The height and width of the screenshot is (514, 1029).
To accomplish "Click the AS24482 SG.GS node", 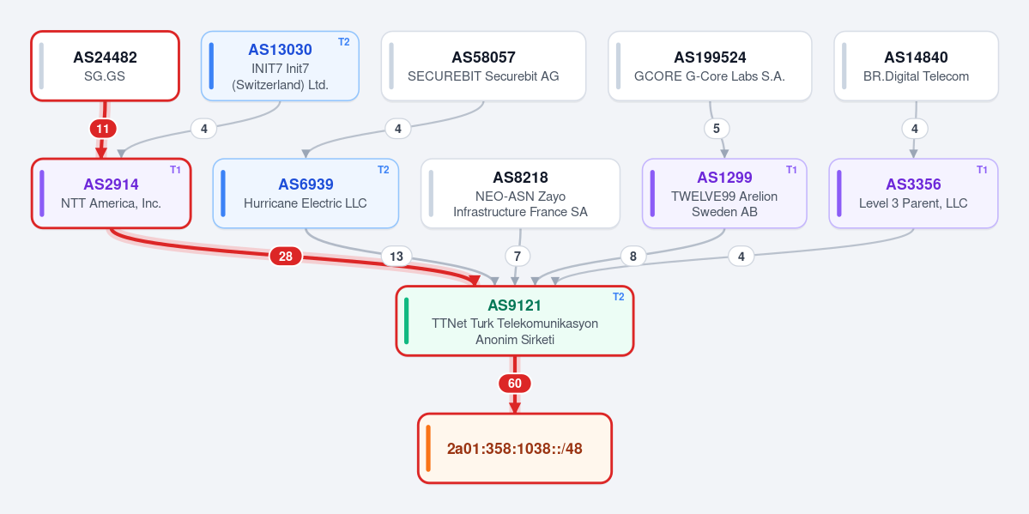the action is pyautogui.click(x=105, y=66).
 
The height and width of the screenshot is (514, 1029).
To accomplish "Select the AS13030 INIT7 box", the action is pyautogui.click(x=281, y=66).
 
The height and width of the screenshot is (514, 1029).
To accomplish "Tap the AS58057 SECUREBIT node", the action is pyautogui.click(x=484, y=66).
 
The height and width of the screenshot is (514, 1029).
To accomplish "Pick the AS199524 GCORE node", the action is pyautogui.click(x=710, y=66).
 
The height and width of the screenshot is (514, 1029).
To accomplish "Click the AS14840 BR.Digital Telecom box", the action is pyautogui.click(x=916, y=66).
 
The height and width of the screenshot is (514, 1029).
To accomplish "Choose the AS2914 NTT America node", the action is pyautogui.click(x=111, y=193).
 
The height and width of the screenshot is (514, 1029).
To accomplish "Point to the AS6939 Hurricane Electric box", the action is pyautogui.click(x=306, y=193).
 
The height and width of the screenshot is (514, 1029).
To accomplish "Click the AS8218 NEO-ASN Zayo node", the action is pyautogui.click(x=520, y=193).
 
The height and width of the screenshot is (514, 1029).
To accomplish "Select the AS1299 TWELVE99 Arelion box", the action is pyautogui.click(x=724, y=193).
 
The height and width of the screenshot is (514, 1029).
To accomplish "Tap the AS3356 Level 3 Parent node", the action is pyautogui.click(x=913, y=193).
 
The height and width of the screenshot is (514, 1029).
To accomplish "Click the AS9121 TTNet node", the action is pyautogui.click(x=515, y=320).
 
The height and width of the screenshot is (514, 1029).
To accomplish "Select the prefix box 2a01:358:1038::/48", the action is pyautogui.click(x=515, y=448).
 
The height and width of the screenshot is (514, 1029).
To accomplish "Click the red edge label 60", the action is pyautogui.click(x=515, y=384).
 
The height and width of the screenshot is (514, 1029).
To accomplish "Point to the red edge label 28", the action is pyautogui.click(x=286, y=256).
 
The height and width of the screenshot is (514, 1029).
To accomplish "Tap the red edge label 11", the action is pyautogui.click(x=103, y=129).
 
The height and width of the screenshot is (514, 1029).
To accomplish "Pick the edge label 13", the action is pyautogui.click(x=396, y=256).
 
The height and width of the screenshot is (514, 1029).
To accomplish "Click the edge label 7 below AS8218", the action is pyautogui.click(x=518, y=256).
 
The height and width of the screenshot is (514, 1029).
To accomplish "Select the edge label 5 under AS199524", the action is pyautogui.click(x=717, y=129).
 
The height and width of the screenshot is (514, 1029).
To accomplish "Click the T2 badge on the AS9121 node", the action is pyautogui.click(x=619, y=297).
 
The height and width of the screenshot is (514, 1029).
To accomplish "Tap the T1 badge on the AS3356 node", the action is pyautogui.click(x=983, y=169).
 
